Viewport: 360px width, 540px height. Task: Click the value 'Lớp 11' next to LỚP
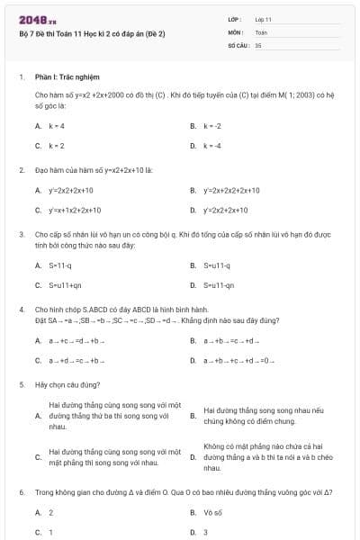pos(263,19)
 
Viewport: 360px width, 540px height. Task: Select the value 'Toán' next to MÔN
pos(261,31)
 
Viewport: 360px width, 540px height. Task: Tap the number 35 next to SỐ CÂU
pos(258,44)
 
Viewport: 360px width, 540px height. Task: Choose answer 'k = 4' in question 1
pos(56,125)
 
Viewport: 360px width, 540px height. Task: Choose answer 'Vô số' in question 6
pos(213,512)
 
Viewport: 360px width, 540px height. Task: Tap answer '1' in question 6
pos(50,532)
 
